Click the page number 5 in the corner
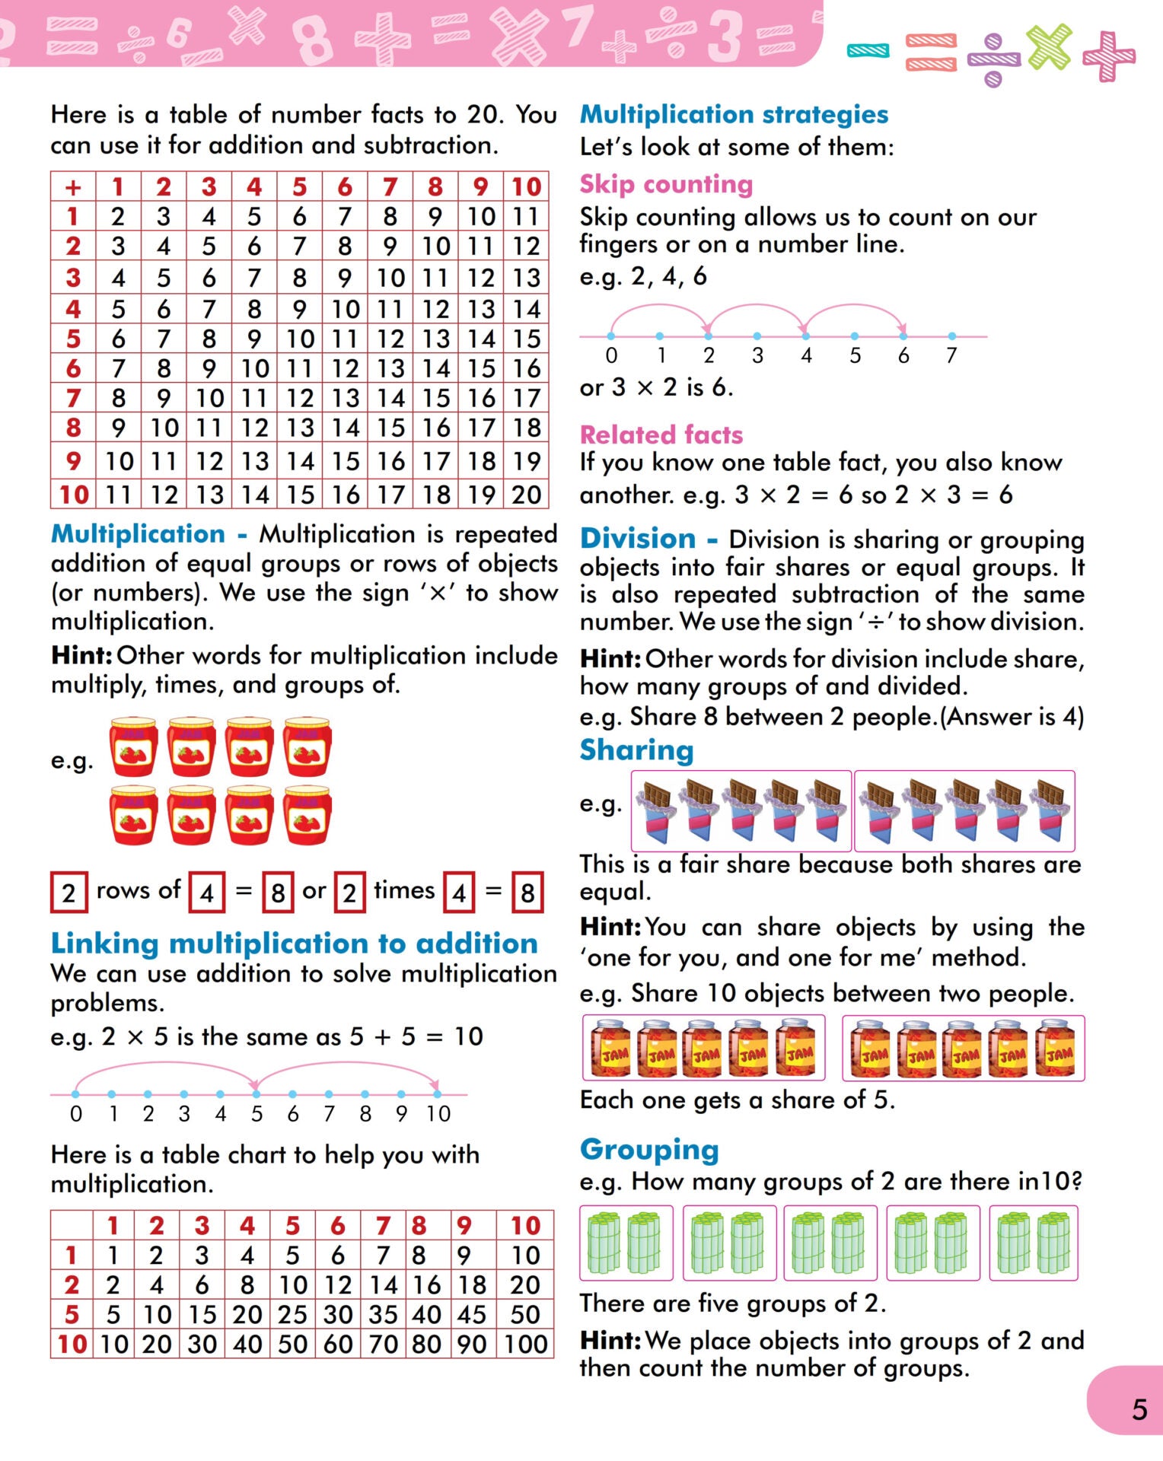pyautogui.click(x=1139, y=1410)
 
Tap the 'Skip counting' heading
pyautogui.click(x=666, y=184)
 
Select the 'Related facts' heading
pyautogui.click(x=661, y=434)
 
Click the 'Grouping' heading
pyautogui.click(x=649, y=1150)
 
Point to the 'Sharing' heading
pyautogui.click(x=636, y=750)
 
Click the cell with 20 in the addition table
pyautogui.click(x=526, y=495)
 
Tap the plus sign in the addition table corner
pyautogui.click(x=73, y=186)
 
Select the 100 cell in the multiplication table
pyautogui.click(x=525, y=1344)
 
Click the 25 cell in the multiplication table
pyautogui.click(x=292, y=1314)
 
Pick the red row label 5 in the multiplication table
pyautogui.click(x=72, y=1314)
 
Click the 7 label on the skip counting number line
pyautogui.click(x=951, y=355)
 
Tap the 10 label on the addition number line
pyautogui.click(x=438, y=1114)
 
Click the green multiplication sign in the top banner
pyautogui.click(x=1050, y=47)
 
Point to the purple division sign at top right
pyautogui.click(x=993, y=59)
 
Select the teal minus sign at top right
pyautogui.click(x=868, y=51)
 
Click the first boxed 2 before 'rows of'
pyautogui.click(x=69, y=892)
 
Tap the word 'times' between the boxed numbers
pyautogui.click(x=404, y=890)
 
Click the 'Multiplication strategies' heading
pyautogui.click(x=734, y=114)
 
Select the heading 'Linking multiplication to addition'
pyautogui.click(x=294, y=944)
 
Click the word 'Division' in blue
pyautogui.click(x=638, y=539)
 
